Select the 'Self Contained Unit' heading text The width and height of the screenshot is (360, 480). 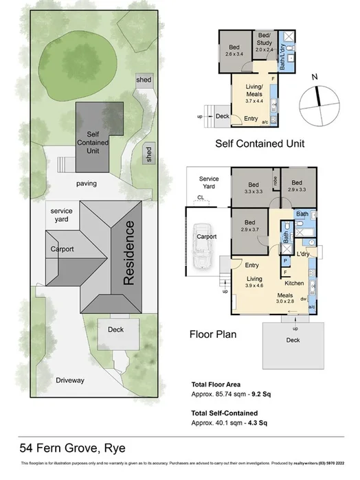(260, 144)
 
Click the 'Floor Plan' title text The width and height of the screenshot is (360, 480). (213, 335)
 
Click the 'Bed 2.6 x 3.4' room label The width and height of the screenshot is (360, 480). (234, 51)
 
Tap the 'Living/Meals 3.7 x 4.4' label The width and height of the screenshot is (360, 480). (254, 91)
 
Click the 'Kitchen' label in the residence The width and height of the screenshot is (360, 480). (294, 284)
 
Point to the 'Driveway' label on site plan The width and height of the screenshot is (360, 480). (71, 379)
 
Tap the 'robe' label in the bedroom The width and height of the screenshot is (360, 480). (274, 183)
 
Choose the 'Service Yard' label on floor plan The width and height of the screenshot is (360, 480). (209, 182)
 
